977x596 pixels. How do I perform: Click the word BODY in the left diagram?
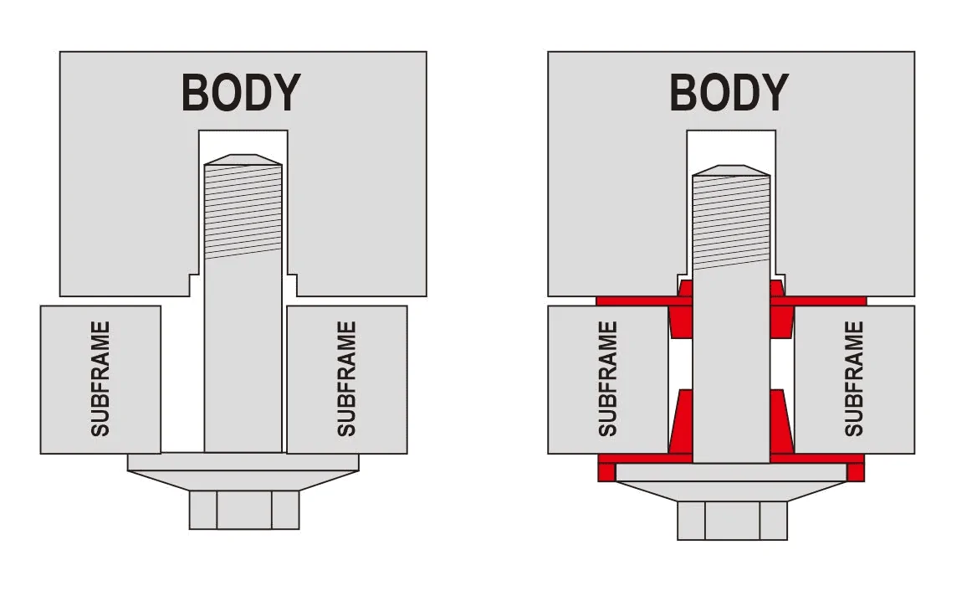(x=241, y=92)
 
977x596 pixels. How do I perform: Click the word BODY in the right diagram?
(x=729, y=92)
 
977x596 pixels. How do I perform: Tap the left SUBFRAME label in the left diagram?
(x=100, y=379)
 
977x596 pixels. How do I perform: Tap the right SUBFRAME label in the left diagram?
(x=346, y=379)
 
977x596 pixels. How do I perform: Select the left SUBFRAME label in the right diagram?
(x=607, y=379)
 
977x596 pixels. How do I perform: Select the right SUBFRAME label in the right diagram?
(x=854, y=379)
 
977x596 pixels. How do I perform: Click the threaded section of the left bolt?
(x=243, y=212)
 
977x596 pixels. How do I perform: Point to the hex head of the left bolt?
(x=244, y=510)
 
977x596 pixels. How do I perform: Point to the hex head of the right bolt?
(x=732, y=521)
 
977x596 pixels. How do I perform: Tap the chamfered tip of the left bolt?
(x=243, y=160)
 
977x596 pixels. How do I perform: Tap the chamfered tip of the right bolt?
(x=732, y=170)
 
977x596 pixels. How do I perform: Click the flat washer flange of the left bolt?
(x=243, y=462)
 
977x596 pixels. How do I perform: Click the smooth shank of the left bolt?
(x=243, y=356)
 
